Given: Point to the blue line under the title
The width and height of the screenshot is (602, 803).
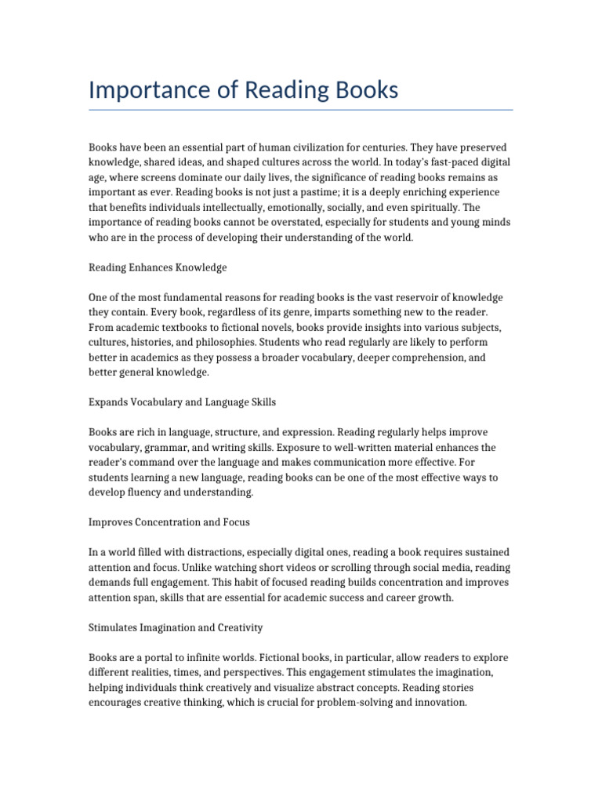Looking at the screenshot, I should pos(301,110).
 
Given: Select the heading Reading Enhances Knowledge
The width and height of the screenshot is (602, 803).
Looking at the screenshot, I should pos(158,267).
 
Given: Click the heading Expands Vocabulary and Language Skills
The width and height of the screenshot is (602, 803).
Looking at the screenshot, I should pos(182,402).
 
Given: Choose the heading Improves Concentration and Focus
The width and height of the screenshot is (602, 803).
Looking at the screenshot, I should pos(169,521).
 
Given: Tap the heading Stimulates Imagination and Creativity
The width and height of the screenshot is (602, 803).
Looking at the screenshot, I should pos(176,627).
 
